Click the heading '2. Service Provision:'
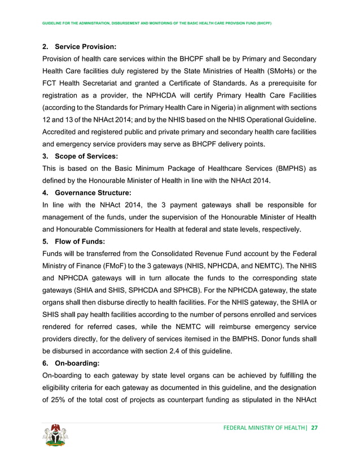(79, 46)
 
